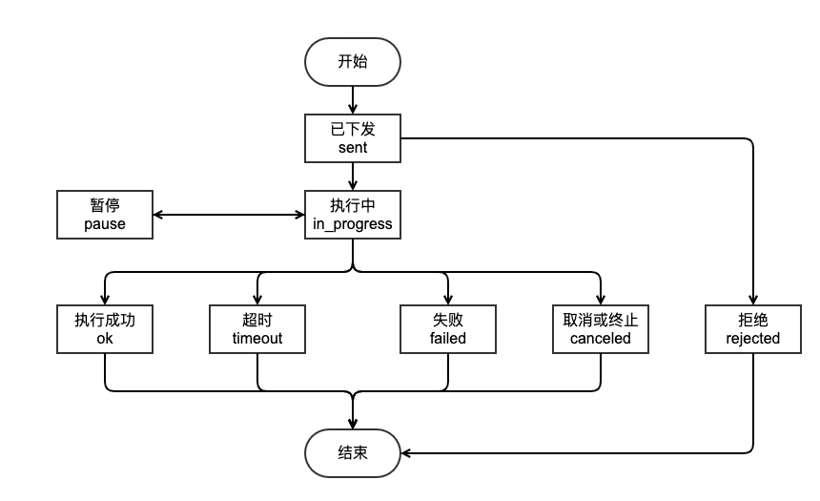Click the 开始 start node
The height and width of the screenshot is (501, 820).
pyautogui.click(x=353, y=62)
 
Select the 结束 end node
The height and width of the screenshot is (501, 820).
pyautogui.click(x=353, y=452)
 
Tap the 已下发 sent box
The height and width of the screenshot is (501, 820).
pyautogui.click(x=353, y=138)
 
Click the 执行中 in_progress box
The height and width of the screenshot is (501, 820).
pyautogui.click(x=353, y=215)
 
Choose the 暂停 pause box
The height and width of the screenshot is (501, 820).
pyautogui.click(x=105, y=215)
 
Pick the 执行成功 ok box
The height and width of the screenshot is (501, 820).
pyautogui.click(x=105, y=329)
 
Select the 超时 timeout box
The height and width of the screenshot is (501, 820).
pyautogui.click(x=257, y=329)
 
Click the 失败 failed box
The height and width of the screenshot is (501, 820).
pyautogui.click(x=448, y=329)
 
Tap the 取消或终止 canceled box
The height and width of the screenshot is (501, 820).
pyautogui.click(x=601, y=329)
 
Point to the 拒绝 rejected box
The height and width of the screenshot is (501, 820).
pyautogui.click(x=753, y=329)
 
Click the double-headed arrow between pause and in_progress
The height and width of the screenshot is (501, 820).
pyautogui.click(x=229, y=215)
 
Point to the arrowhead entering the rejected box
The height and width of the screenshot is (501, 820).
pyautogui.click(x=753, y=300)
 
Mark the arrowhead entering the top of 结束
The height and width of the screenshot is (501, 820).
pyautogui.click(x=353, y=423)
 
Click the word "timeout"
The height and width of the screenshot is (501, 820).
pyautogui.click(x=257, y=339)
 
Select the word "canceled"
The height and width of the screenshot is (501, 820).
pyautogui.click(x=601, y=339)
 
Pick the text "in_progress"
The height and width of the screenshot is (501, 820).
pyautogui.click(x=353, y=224)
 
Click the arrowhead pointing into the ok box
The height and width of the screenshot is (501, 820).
pyautogui.click(x=105, y=300)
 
